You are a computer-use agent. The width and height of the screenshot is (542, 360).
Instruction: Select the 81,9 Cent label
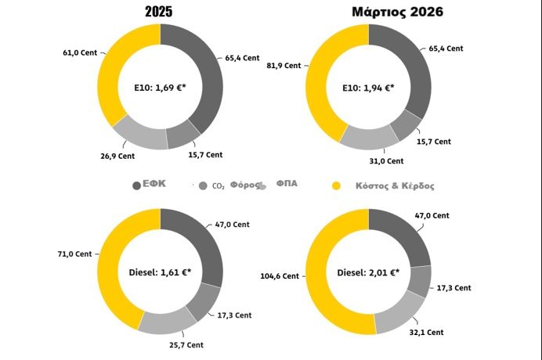tap(284, 66)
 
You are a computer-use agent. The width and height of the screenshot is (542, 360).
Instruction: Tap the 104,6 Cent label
tap(280, 275)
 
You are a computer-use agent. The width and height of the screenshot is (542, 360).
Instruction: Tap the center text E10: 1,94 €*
tap(368, 86)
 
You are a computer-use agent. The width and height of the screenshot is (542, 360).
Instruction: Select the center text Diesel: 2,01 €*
tap(368, 272)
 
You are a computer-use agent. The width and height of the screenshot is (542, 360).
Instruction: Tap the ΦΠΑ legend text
tap(287, 185)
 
